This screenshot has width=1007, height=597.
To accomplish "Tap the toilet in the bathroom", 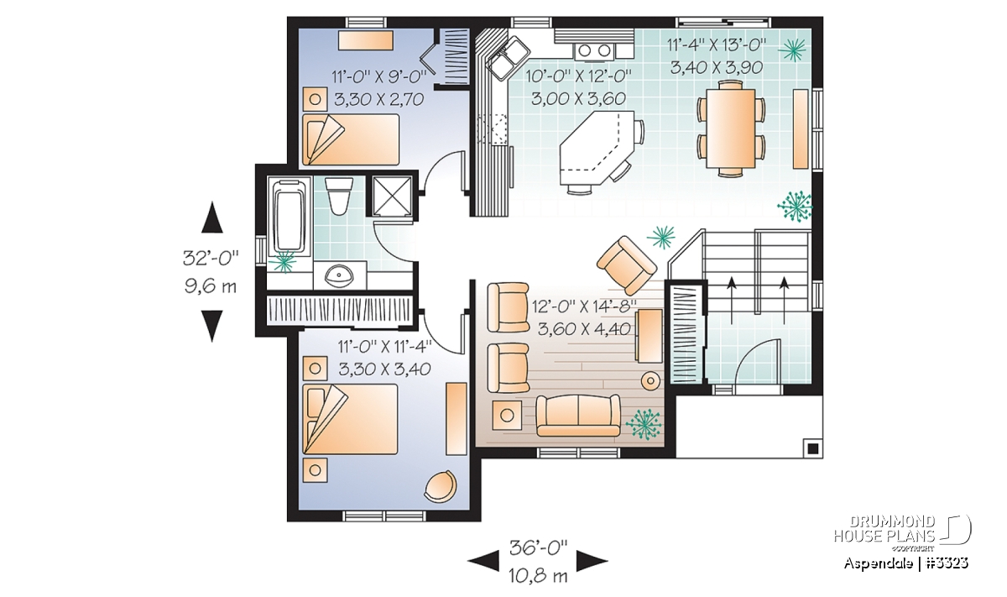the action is tap(338, 196).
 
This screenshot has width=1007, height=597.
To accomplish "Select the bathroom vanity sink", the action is tap(338, 275).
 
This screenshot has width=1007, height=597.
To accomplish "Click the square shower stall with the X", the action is tap(393, 196).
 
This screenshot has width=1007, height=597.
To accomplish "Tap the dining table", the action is tap(731, 128).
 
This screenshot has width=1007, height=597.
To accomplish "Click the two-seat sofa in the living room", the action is tap(578, 416).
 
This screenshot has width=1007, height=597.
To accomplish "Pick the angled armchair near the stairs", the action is tap(627, 265).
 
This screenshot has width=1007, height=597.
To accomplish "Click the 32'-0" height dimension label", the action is tap(211, 259).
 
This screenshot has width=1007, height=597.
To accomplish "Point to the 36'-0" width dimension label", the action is tap(538, 548).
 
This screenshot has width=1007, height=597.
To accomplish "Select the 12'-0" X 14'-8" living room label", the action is tap(584, 306).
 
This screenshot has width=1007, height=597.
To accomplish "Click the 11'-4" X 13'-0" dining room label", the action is tap(717, 45).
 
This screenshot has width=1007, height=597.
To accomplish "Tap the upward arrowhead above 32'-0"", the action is tap(211, 217).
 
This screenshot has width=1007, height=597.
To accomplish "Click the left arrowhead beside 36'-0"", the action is tap(483, 561).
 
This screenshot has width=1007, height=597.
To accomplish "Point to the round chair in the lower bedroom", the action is tap(441, 486).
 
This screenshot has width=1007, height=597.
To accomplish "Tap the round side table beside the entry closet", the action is tap(650, 381).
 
